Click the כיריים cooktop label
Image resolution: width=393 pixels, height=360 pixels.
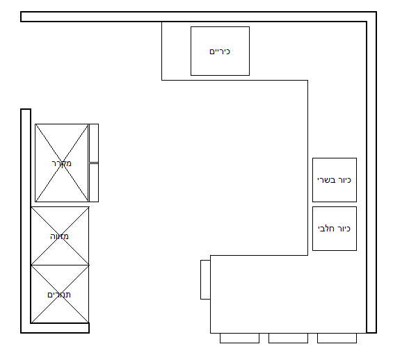coord(220,51)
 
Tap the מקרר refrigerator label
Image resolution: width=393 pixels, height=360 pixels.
coord(62,163)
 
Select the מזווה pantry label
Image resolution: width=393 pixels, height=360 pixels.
coord(59,236)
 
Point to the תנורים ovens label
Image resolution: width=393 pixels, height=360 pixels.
coord(59,295)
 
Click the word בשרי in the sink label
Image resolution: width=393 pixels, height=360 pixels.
coord(326,180)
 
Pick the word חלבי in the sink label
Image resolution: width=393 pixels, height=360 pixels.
coord(326,229)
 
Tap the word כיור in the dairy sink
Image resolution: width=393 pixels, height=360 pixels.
coord(344,229)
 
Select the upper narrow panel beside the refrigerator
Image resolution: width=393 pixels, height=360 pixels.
coord(94,143)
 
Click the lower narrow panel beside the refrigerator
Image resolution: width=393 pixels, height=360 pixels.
coord(94,183)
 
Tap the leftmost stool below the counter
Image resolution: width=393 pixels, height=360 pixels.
coord(239,338)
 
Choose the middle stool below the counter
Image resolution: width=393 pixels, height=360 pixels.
coord(288,338)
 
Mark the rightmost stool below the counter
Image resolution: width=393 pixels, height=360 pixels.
coord(337,338)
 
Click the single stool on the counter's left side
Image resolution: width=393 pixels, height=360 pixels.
coord(205,279)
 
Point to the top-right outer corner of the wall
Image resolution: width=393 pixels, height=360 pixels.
coord(376,12)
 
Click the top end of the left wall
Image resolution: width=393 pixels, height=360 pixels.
coord(26,109)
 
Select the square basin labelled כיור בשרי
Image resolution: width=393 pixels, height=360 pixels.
coord(335,180)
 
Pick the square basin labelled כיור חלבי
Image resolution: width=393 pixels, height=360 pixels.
coord(335,229)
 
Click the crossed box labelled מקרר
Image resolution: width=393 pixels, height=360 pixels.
coord(62,163)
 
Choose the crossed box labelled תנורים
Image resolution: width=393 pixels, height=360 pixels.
coord(60,294)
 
